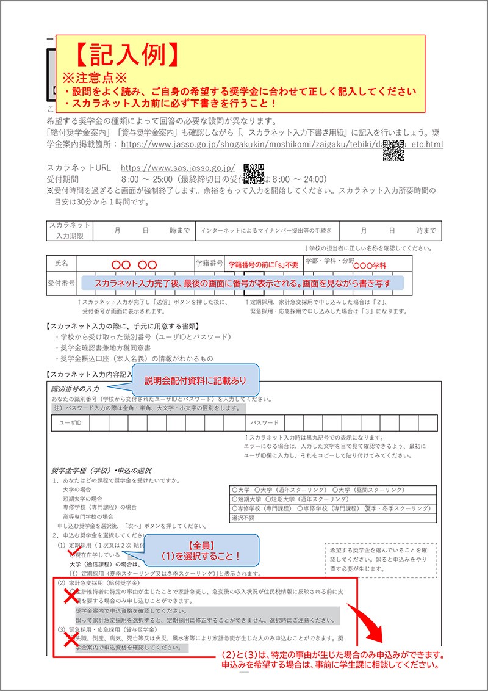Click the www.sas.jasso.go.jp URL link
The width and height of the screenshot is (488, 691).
[178, 167]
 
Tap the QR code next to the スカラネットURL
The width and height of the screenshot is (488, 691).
[254, 173]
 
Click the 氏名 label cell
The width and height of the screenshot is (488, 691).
[62, 263]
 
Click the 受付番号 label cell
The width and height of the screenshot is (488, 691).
[61, 283]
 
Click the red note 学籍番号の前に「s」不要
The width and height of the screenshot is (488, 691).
[264, 265]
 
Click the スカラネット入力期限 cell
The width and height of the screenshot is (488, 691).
[70, 230]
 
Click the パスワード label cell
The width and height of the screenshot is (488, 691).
[264, 423]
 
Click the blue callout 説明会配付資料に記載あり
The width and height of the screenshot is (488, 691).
[195, 380]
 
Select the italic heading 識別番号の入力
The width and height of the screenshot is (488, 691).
[79, 388]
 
